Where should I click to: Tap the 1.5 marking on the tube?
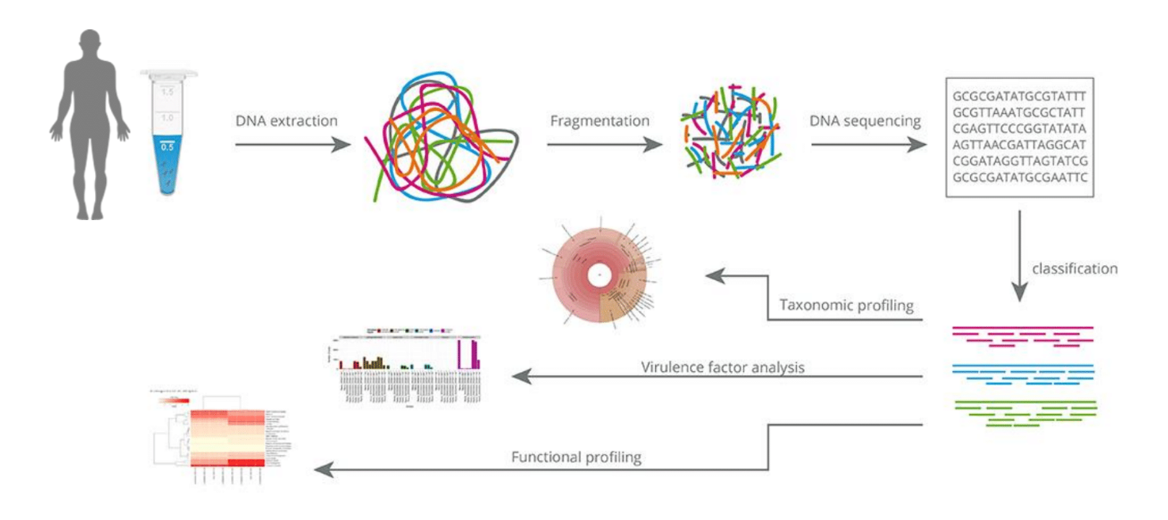[166, 92]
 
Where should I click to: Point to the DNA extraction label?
[286, 121]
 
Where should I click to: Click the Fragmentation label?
[600, 121]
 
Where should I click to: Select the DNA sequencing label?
[865, 121]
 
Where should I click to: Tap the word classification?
[1075, 268]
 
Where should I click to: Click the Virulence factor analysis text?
[722, 367]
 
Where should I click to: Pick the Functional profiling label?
[576, 457]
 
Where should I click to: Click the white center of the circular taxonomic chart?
[601, 274]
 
